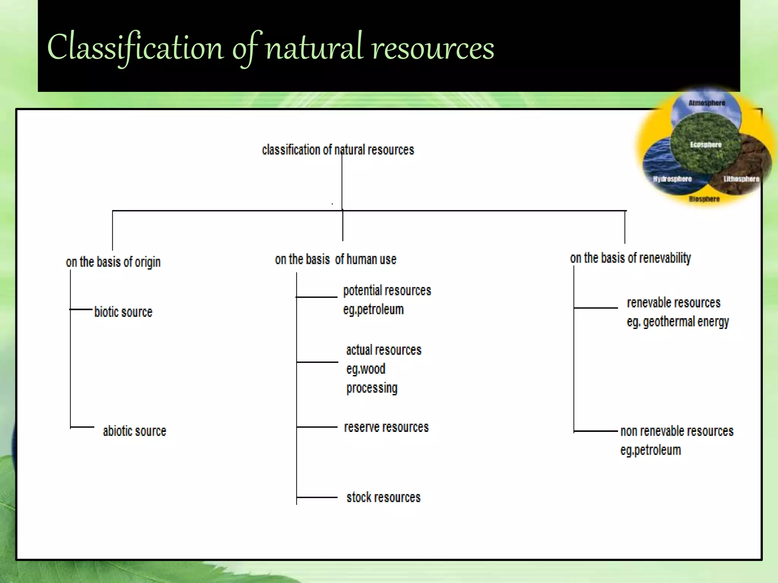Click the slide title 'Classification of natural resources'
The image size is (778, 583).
pos(270,48)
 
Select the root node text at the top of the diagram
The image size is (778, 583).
pos(338,150)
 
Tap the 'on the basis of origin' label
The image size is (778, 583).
pos(113,262)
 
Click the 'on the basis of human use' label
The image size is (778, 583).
pos(335,259)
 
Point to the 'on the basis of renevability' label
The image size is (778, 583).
pos(630,258)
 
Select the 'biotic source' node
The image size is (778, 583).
pos(123,312)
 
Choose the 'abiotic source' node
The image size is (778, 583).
pos(134,431)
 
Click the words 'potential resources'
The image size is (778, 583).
pos(387,291)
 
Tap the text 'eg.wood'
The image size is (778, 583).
pos(365,369)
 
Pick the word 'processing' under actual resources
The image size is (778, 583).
pos(372,388)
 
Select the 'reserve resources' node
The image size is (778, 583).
pos(386,427)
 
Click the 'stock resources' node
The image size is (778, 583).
pos(383,497)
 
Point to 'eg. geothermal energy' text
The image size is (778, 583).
pos(678,322)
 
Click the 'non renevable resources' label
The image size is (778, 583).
pos(677,431)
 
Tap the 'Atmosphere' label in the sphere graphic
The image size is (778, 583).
pos(707,103)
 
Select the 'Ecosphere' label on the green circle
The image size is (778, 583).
pos(705,145)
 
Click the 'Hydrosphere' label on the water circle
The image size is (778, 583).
pos(672,179)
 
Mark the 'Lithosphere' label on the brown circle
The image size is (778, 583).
pos(741,179)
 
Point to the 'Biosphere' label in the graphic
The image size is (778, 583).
pos(704,199)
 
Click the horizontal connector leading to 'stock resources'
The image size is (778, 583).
pos(317,497)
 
